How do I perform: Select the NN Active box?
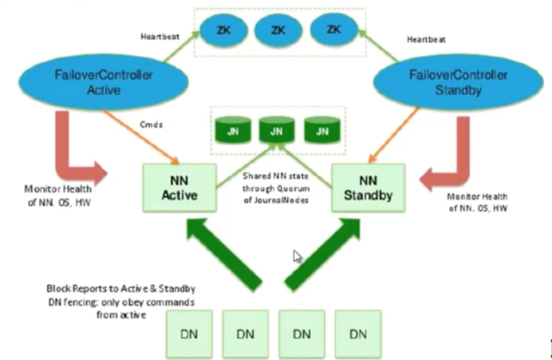click(179, 185)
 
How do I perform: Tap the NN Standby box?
click(368, 185)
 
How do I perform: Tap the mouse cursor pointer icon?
click(298, 256)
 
